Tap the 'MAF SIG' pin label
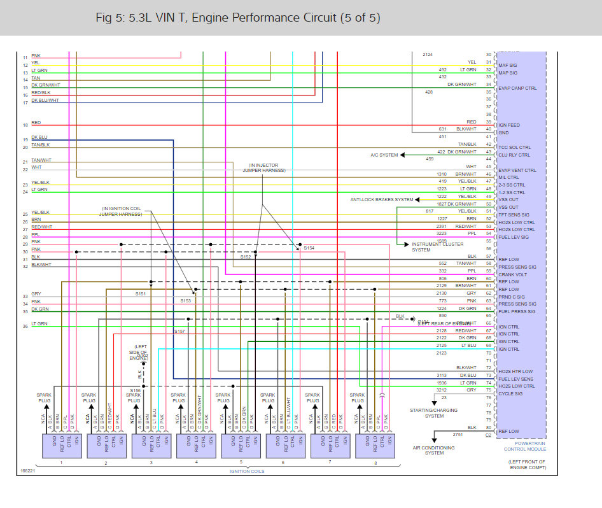click(507, 65)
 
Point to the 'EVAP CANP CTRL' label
click(517, 88)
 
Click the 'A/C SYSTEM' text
click(384, 155)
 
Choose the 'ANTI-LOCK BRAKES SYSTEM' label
click(381, 199)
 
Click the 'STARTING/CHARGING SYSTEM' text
click(435, 413)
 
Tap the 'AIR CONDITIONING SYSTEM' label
click(435, 450)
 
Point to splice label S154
click(309, 248)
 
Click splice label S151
click(141, 293)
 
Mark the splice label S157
click(179, 331)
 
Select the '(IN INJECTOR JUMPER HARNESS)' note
click(267, 167)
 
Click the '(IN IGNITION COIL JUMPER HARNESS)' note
click(122, 211)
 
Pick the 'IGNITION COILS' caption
click(248, 470)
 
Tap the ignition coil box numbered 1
click(61, 446)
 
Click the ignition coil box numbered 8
click(375, 446)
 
